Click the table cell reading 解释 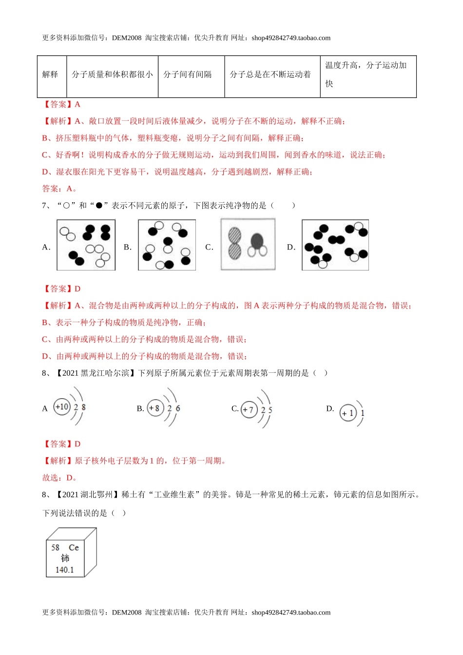51,75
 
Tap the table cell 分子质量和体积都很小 112,75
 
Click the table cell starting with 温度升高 368,75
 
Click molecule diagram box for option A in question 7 86,245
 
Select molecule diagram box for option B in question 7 167,245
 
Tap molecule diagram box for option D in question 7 335,245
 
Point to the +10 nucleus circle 62,407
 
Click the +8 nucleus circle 155,408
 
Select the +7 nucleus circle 249,409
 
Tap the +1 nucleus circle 348,413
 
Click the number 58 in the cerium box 56,547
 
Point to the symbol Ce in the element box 74,547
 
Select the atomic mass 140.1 64,569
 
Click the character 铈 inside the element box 65,558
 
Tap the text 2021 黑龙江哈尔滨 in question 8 96,373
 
